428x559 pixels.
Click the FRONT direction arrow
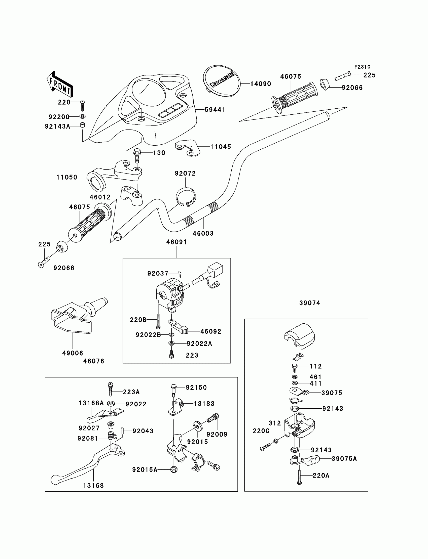point(60,84)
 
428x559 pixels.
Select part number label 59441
point(215,110)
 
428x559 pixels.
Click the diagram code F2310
point(362,67)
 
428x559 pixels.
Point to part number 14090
point(261,84)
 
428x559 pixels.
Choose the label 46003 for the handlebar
point(203,233)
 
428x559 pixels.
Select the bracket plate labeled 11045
point(188,148)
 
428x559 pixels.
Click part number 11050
point(67,177)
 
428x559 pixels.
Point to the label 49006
point(73,353)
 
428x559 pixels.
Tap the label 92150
point(196,388)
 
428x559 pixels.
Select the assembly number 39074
point(310,303)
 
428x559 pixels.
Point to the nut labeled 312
point(276,441)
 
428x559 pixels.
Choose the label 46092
point(211,331)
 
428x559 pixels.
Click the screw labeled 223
point(171,354)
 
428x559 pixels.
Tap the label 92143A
point(58,126)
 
